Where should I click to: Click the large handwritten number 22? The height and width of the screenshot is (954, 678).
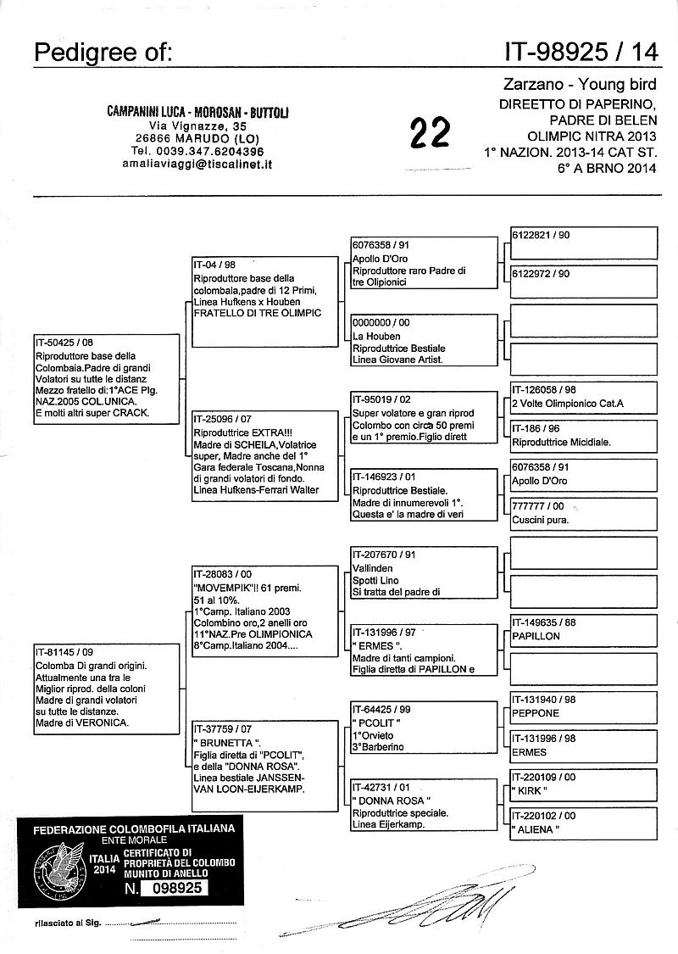tap(430, 134)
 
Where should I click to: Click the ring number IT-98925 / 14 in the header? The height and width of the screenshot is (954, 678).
tap(581, 53)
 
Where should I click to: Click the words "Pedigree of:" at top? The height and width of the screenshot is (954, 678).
tap(103, 53)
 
